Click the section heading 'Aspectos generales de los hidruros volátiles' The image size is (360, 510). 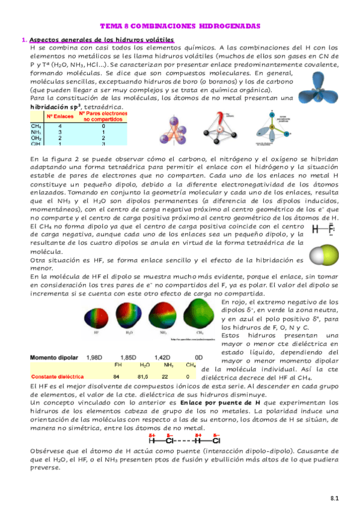[102, 40]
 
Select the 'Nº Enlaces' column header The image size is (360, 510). [59, 114]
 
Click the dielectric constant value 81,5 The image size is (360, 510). [144, 376]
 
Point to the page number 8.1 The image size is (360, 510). [335, 498]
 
